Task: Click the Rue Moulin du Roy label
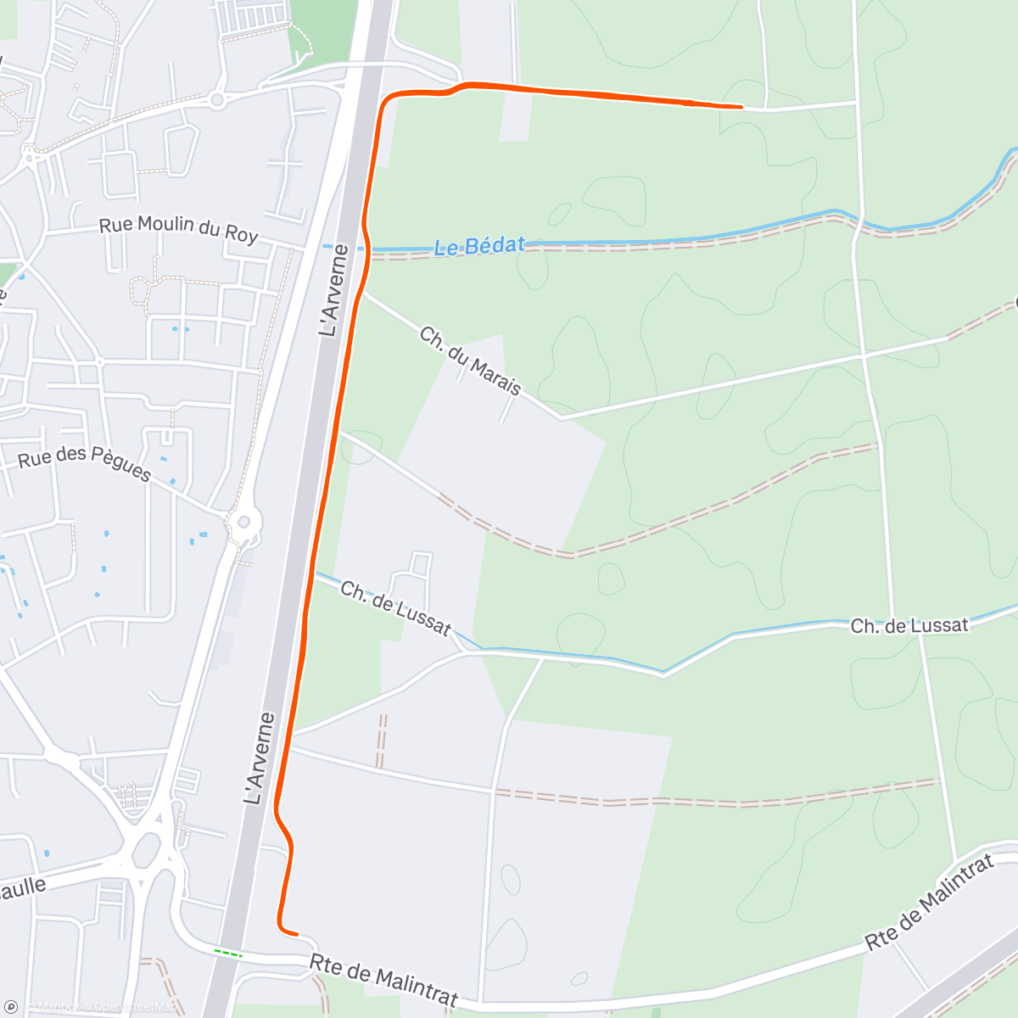point(178,229)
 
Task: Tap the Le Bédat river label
point(479,246)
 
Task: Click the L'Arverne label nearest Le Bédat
point(333,290)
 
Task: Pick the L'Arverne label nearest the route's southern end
point(260,758)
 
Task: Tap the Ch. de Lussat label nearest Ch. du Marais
point(395,607)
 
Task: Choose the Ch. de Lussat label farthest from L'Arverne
point(909,626)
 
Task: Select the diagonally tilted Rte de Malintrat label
point(929,903)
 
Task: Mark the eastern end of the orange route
point(742,107)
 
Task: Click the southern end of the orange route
point(297,934)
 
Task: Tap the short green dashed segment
point(227,954)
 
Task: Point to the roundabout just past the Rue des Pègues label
point(244,519)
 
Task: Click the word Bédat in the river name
point(496,246)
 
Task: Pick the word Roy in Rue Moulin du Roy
point(241,235)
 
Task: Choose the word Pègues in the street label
point(120,467)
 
